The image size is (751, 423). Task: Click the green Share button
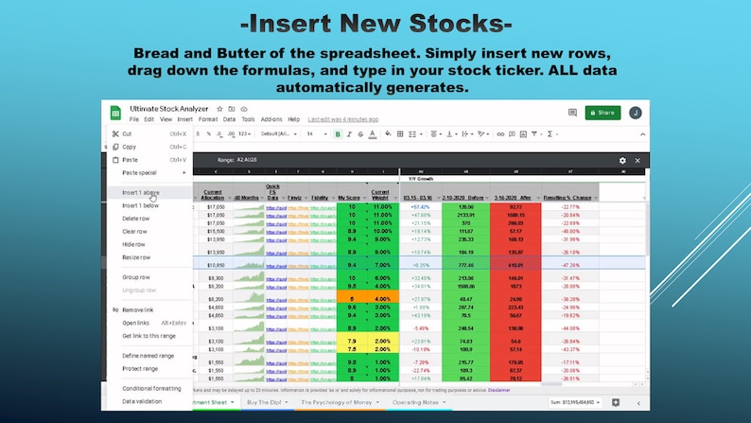[603, 112]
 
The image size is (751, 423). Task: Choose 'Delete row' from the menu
[136, 219]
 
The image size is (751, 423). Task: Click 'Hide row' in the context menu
[133, 244]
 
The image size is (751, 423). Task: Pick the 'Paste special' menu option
[140, 172]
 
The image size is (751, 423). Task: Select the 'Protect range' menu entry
[140, 368]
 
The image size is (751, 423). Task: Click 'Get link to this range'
[149, 336]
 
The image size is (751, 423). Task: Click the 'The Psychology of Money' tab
[336, 402]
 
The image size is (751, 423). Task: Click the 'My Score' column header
[351, 197]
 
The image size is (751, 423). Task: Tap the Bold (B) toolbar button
[338, 134]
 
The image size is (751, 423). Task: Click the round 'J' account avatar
[636, 112]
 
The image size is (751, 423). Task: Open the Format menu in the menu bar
[208, 120]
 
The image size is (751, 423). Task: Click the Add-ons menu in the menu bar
[271, 120]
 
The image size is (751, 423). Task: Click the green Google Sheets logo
[115, 114]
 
